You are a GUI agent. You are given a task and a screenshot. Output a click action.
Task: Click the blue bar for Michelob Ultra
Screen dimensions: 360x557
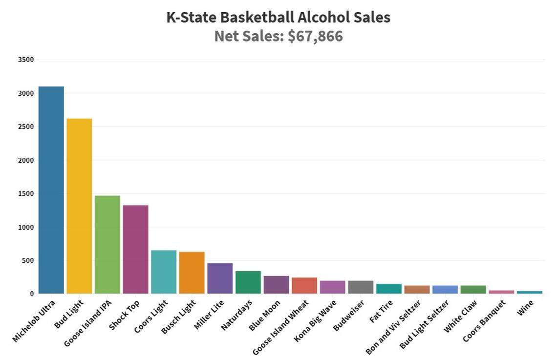pos(51,190)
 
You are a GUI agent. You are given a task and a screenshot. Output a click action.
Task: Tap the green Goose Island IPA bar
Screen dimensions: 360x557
pos(107,244)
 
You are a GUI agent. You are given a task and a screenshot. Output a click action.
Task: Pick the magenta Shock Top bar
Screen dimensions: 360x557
pos(135,249)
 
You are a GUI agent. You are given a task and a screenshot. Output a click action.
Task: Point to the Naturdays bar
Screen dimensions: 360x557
pos(248,282)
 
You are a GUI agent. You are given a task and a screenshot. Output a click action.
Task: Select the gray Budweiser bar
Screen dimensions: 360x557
pos(361,287)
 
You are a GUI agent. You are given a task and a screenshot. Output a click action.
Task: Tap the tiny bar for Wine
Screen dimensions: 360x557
pos(530,292)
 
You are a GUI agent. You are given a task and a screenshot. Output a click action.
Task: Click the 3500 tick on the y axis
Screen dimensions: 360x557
pos(26,60)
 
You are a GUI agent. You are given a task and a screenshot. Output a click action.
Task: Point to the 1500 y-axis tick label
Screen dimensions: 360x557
pos(26,193)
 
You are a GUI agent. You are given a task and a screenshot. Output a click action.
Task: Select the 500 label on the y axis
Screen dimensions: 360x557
pos(28,260)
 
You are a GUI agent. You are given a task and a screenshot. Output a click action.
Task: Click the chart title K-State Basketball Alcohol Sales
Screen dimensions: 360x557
pos(278,18)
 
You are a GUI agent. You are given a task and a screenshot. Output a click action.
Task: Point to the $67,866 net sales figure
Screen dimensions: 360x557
pos(315,36)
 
